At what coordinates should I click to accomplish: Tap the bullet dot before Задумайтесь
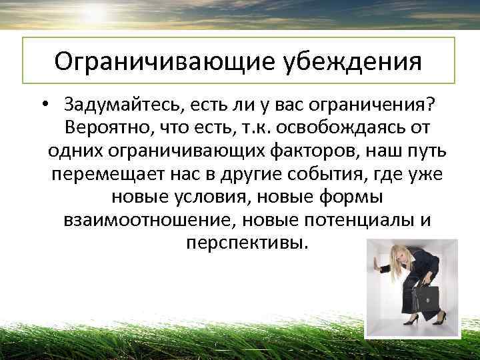coord(43,105)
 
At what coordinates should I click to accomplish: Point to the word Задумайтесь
coord(123,105)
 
